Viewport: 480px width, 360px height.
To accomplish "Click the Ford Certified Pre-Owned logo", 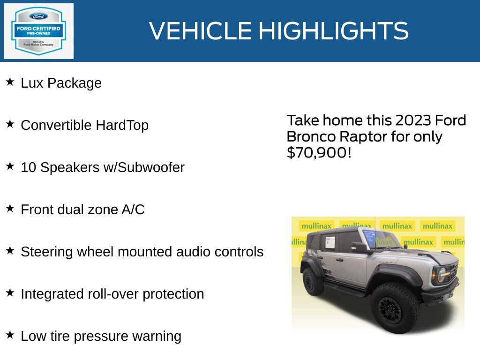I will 38,31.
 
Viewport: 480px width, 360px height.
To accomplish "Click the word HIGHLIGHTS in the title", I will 333,31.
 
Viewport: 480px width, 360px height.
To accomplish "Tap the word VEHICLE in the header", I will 201,31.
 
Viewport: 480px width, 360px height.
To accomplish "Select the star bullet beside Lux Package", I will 10,82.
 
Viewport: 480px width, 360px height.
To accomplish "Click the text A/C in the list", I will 133,210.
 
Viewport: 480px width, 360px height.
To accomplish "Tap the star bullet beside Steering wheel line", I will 10,251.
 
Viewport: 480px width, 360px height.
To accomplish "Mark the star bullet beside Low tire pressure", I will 10,335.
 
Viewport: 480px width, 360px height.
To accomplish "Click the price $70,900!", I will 319,152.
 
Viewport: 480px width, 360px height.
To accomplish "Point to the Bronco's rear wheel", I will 313,281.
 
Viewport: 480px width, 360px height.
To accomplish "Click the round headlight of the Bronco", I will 441,275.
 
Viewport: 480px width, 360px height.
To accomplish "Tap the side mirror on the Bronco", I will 359,247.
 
